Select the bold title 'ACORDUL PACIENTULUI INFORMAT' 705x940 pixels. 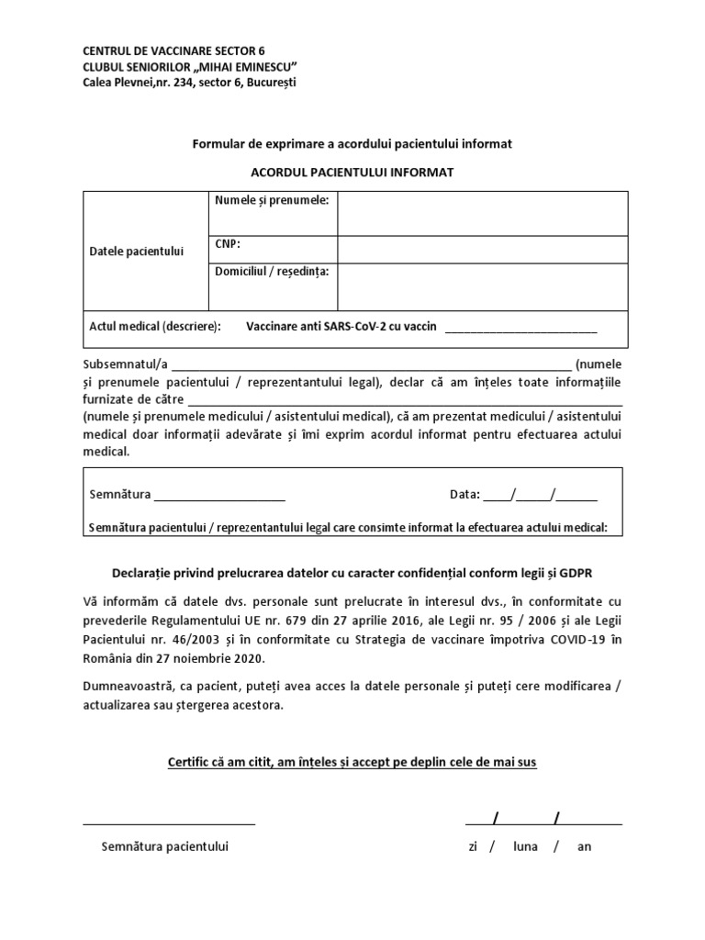click(x=352, y=172)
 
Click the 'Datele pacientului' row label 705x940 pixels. click(x=137, y=251)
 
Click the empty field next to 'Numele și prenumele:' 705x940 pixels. click(x=482, y=214)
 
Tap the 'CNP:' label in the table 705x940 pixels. click(x=228, y=244)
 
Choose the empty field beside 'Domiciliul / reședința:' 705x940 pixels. click(x=482, y=286)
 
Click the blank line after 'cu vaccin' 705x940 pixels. click(x=520, y=328)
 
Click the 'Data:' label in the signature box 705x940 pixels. click(x=464, y=495)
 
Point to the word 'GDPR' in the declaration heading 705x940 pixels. click(x=576, y=573)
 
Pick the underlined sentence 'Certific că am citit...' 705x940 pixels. click(x=352, y=762)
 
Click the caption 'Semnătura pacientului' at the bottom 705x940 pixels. click(x=164, y=846)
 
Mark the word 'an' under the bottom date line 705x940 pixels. click(x=584, y=846)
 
